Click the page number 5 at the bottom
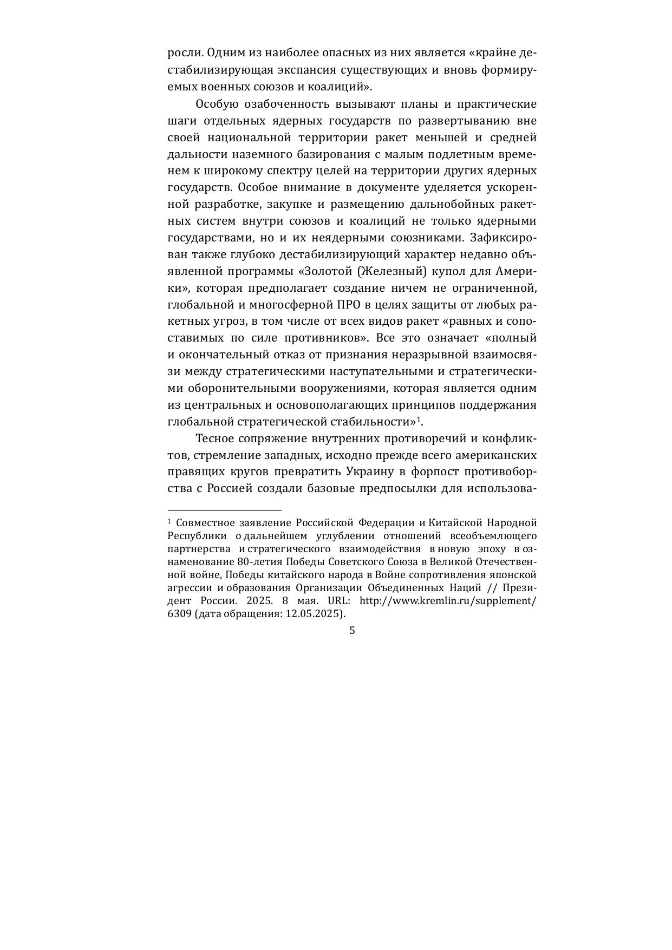pos(352,631)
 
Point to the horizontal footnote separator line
pos(225,510)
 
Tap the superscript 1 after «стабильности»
pos(418,418)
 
